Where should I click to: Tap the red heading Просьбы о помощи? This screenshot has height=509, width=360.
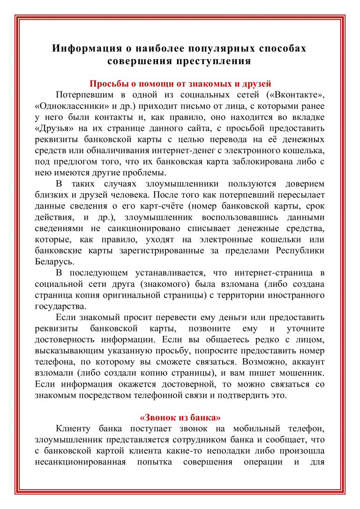[x=180, y=84]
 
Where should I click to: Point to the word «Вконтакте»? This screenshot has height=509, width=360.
[x=296, y=95]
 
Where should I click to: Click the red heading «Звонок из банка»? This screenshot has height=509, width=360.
[x=180, y=417]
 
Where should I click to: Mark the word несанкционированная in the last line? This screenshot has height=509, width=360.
[x=80, y=462]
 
